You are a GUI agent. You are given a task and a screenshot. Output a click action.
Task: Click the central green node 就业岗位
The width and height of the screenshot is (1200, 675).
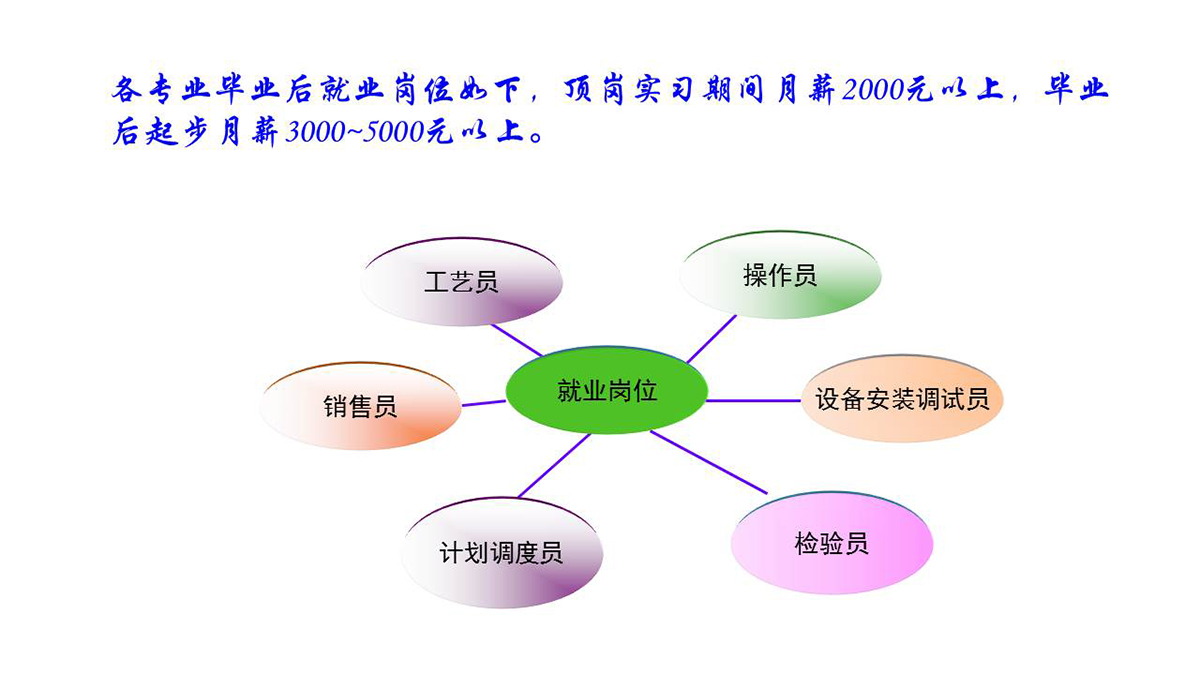coord(606,390)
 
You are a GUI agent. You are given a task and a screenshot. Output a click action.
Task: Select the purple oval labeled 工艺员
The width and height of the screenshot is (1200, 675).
coord(461,282)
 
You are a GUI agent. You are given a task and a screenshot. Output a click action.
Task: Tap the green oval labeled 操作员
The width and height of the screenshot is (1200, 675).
coord(780,275)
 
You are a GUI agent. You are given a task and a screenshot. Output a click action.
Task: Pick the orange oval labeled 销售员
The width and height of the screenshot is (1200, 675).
coord(360,406)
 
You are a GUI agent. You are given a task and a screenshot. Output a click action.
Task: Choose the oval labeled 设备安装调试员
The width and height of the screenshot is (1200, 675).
coord(902,399)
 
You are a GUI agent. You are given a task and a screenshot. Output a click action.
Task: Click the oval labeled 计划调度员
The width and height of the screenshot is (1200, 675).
coord(502,552)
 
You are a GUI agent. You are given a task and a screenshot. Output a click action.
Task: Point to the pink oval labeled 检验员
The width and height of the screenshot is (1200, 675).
coord(832,543)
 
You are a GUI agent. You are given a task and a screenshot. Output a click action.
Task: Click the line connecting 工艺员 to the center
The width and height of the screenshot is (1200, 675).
coord(517,340)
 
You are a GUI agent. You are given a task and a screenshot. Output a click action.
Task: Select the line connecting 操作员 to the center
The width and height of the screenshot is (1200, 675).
coord(711,339)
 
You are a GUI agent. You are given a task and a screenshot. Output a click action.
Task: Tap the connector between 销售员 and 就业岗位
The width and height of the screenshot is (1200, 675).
coord(483,403)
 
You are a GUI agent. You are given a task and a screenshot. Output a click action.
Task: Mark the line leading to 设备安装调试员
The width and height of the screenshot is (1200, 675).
coord(754,400)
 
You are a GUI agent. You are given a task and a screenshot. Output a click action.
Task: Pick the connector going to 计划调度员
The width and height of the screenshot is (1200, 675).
coord(554,466)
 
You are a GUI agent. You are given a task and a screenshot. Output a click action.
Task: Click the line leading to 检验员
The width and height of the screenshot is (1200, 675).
coord(709,462)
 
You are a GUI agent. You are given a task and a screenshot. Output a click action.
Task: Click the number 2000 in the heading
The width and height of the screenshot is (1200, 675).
coord(873,89)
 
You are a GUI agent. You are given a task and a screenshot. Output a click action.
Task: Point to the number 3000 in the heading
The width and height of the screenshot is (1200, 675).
coord(316,132)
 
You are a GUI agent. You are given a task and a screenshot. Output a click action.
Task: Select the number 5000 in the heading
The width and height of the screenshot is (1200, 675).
coord(393,132)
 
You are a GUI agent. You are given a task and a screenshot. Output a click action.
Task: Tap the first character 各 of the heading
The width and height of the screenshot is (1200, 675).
coord(126,89)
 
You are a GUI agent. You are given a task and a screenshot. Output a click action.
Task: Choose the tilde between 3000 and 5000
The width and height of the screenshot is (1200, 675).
coord(355,132)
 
